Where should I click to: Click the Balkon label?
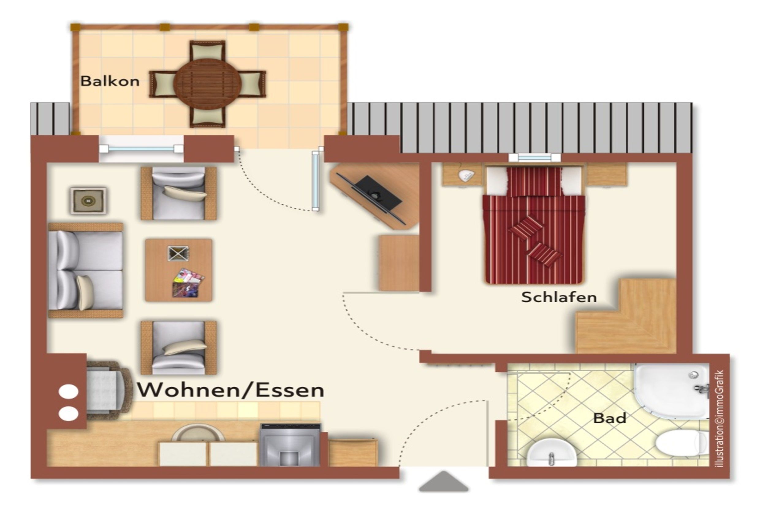click(x=110, y=81)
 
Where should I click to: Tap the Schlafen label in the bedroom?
click(x=559, y=297)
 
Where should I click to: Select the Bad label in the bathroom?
click(x=610, y=418)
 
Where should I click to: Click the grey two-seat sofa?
click(x=85, y=270)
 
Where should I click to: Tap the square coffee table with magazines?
click(x=179, y=270)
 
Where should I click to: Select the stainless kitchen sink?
click(x=290, y=445)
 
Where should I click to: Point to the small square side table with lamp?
click(x=88, y=200)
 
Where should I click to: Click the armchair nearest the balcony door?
click(x=179, y=193)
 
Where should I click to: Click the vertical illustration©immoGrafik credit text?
click(x=720, y=419)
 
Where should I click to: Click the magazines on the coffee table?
click(x=188, y=283)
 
